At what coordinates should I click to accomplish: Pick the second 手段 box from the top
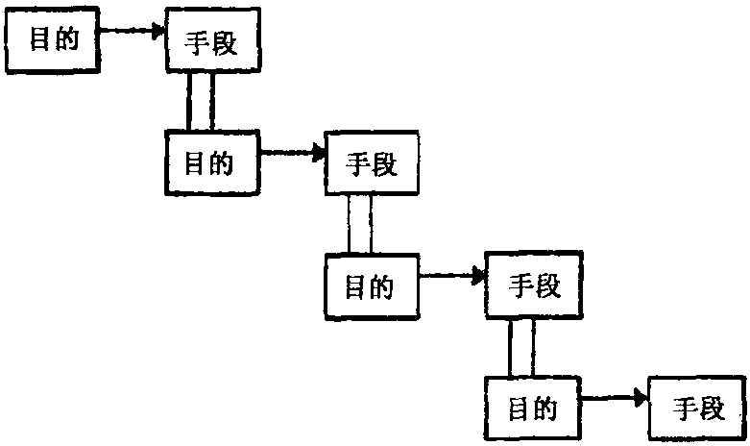coord(371,164)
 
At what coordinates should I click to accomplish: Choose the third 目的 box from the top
coord(372,286)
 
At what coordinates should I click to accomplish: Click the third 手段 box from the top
coord(532,285)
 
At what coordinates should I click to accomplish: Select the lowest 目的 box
coord(533,408)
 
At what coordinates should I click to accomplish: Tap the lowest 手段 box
coord(697,408)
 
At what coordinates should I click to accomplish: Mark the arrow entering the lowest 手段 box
coord(615,397)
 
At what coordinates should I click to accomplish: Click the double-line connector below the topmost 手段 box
coord(201,101)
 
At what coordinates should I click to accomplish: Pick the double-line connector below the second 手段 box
coord(359,224)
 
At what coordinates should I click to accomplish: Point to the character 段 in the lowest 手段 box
coord(711,409)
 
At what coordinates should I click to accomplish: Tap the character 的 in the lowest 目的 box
coord(545,409)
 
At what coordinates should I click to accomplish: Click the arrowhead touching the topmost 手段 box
coord(159,32)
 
